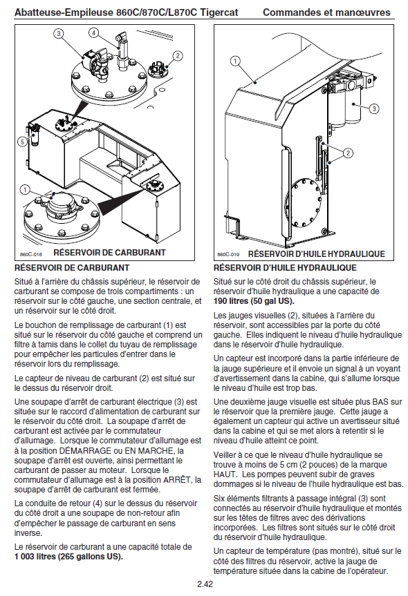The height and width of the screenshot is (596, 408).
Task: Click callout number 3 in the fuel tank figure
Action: (58, 33)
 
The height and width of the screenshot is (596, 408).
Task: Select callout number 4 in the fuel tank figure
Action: (93, 32)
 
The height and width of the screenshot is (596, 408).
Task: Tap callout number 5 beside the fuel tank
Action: (22, 142)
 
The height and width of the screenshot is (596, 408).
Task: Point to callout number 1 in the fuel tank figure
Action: (25, 189)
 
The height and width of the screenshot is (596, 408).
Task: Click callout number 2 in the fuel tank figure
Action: (177, 56)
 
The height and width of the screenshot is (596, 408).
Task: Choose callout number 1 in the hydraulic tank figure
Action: (235, 61)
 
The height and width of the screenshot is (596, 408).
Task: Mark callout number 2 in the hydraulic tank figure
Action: (348, 153)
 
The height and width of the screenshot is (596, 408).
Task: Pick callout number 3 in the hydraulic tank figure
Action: (374, 108)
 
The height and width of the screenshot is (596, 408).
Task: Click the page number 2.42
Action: (205, 584)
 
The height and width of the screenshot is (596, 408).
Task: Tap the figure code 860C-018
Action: (31, 254)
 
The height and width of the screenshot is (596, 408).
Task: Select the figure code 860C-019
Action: (228, 254)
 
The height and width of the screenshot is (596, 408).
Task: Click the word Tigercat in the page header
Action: (219, 12)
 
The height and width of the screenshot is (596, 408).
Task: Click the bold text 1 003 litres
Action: (35, 557)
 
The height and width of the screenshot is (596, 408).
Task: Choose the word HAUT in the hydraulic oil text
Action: (225, 474)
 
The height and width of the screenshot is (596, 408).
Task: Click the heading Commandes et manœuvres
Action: (326, 12)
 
